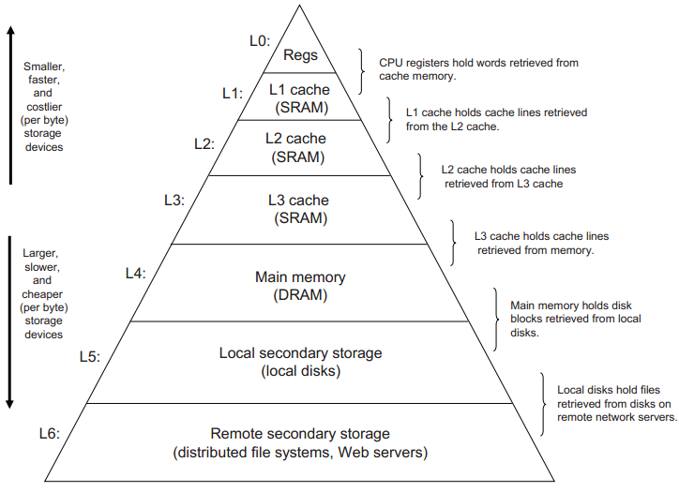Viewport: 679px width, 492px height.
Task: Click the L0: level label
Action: coord(260,41)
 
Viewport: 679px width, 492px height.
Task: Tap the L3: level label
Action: coord(174,201)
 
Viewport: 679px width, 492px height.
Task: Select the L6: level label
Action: coord(50,433)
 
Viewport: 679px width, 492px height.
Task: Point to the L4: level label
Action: coord(136,274)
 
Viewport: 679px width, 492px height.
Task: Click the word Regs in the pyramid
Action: coord(300,55)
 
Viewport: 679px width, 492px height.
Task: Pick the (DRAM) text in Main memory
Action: coord(300,295)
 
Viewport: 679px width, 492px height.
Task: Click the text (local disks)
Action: coord(300,371)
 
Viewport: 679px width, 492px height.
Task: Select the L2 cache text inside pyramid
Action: coord(295,139)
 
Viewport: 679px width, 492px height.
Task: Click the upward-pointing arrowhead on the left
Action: coord(11,31)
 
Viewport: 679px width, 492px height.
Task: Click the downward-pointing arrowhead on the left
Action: coord(9,404)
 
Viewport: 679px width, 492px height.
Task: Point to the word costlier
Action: coord(44,107)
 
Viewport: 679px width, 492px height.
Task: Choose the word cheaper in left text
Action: coord(42,294)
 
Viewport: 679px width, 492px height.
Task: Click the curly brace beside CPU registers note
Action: coord(361,71)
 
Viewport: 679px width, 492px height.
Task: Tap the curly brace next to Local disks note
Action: coord(543,404)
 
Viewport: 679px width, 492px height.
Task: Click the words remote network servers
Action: coord(617,417)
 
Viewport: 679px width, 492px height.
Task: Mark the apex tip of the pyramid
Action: coord(299,6)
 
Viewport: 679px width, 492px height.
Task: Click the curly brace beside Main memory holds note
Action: coord(496,320)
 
